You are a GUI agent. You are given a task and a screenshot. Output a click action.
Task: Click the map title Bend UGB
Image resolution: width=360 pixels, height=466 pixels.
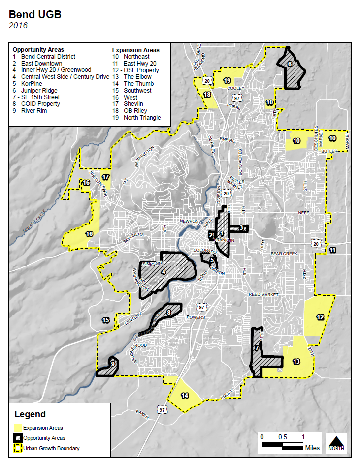(35, 14)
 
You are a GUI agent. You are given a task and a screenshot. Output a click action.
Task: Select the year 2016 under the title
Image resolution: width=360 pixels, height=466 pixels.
(18, 25)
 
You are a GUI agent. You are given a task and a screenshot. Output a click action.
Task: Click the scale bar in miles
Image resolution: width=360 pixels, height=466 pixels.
(282, 446)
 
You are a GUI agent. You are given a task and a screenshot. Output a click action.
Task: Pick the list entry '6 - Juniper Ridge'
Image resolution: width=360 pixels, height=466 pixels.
(35, 91)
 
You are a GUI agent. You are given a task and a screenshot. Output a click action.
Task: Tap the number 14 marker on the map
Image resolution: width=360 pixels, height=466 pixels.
(185, 395)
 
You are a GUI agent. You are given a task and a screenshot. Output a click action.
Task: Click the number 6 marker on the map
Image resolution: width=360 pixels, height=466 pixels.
(290, 64)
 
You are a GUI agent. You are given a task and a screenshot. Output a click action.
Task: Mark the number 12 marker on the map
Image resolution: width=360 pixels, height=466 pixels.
(320, 317)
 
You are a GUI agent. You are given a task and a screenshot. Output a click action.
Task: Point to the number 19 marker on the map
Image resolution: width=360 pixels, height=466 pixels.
(227, 80)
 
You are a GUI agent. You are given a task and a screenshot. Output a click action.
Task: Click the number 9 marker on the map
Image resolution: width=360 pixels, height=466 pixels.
(113, 364)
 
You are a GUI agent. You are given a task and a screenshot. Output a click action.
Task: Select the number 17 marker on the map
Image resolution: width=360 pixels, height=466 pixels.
(105, 177)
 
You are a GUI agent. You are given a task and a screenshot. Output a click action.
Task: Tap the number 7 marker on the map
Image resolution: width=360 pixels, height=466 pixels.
(257, 348)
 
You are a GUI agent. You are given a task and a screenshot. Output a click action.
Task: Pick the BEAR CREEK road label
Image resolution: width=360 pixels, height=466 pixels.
(284, 253)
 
